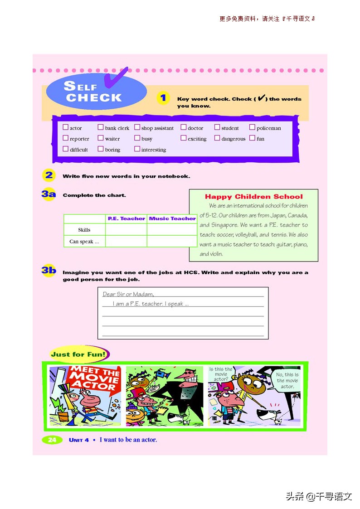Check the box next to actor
point(65,128)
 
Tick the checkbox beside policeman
point(253,128)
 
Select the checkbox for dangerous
point(217,138)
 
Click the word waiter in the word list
point(112,139)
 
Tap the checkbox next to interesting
point(137,149)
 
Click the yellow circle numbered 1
point(163,98)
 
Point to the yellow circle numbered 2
point(49,176)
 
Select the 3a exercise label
point(49,195)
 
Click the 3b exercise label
point(49,271)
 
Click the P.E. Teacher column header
point(126,218)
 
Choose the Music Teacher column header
point(172,218)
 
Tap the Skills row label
point(84,230)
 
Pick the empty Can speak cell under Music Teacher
point(172,241)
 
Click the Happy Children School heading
point(253,197)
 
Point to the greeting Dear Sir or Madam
point(128,294)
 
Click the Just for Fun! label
point(78,354)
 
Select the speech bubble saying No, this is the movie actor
point(287,380)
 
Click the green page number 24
point(52,440)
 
